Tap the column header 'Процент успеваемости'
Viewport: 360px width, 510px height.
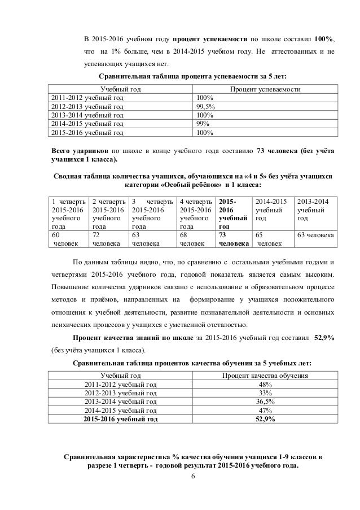point(264,89)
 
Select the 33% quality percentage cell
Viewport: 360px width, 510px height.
point(264,392)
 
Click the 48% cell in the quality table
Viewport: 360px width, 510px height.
point(264,383)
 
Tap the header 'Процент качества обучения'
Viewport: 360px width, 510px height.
point(264,375)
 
